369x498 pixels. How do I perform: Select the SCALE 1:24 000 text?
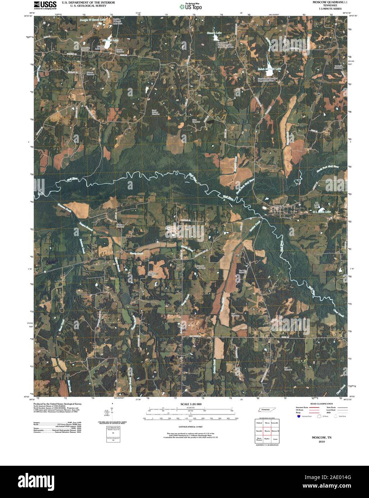(191, 404)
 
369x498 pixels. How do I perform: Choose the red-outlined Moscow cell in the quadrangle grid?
(267, 430)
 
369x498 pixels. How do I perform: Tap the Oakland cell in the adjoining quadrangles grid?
(259, 423)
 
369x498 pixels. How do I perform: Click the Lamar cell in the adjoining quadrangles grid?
(275, 439)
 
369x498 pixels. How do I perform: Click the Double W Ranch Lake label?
(93, 20)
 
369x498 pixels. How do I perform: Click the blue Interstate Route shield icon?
(298, 416)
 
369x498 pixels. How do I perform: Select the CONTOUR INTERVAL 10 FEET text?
(191, 427)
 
